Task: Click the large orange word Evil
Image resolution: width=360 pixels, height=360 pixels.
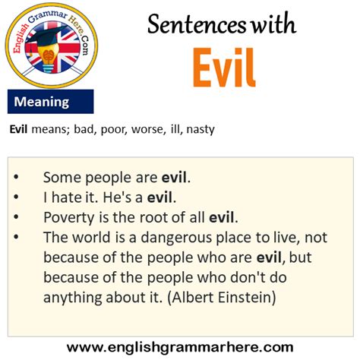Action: [x=224, y=68]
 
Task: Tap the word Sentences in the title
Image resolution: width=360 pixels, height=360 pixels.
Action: [x=197, y=24]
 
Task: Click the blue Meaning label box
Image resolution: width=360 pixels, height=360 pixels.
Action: [x=51, y=102]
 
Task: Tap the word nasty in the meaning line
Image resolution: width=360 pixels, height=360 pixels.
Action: [x=201, y=130]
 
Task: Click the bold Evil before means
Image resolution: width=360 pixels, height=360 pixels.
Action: [x=18, y=129]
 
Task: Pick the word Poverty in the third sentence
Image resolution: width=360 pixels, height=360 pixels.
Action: [x=69, y=218]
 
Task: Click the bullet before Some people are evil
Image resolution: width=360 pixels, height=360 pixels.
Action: [x=16, y=177]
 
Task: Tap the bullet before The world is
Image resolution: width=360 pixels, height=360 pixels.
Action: [x=16, y=237]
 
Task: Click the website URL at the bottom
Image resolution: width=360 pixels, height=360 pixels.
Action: [x=180, y=347]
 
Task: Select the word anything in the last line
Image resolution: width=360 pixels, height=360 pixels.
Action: [x=72, y=298]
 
